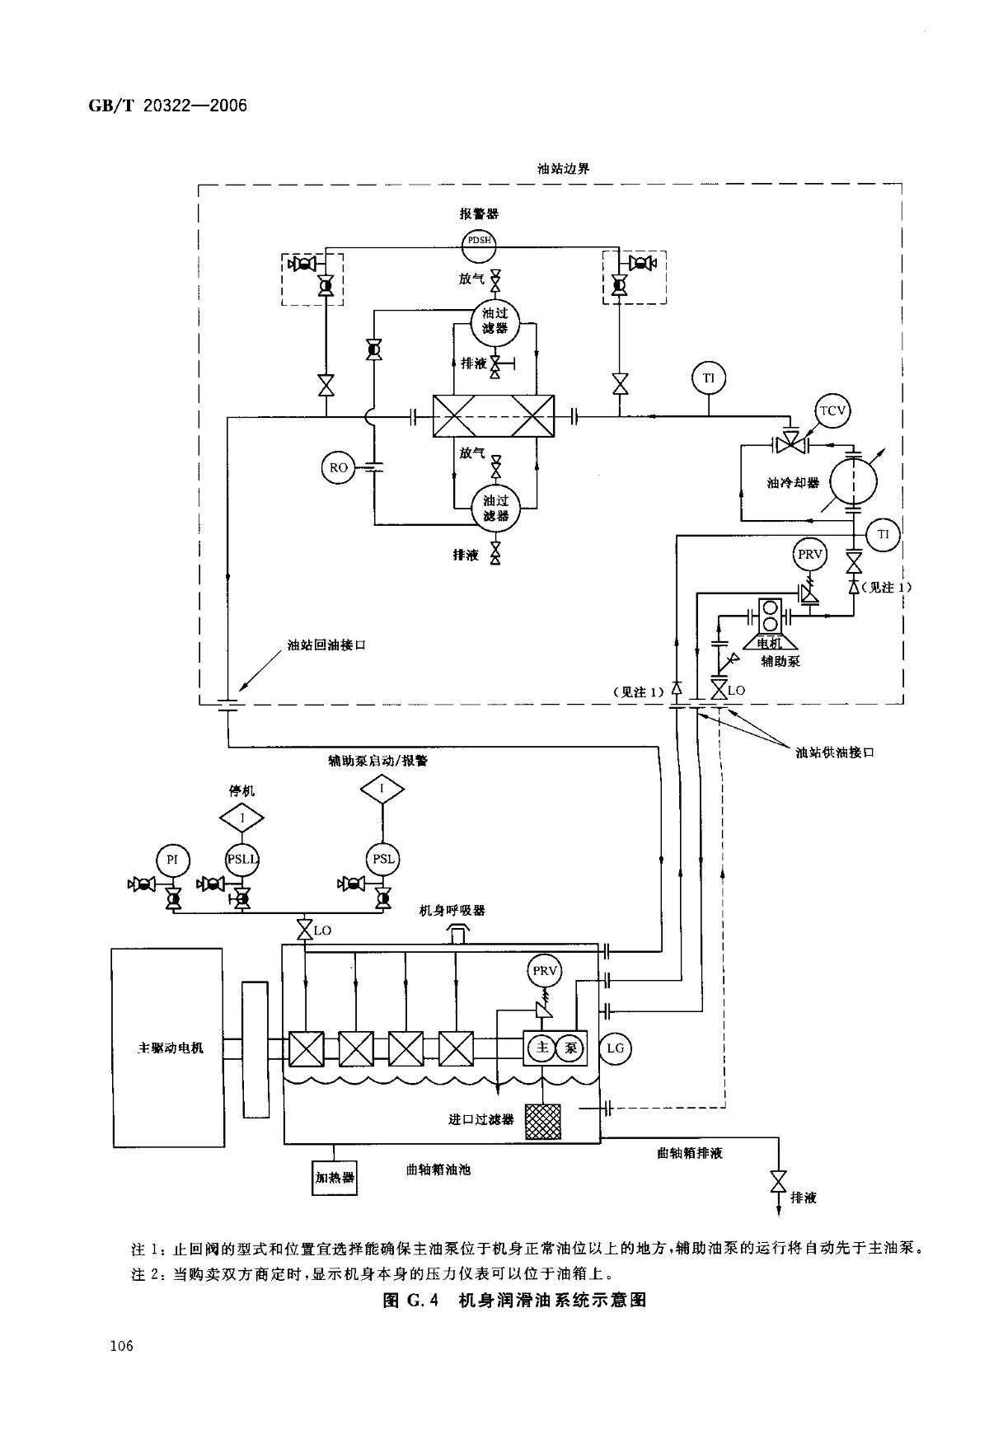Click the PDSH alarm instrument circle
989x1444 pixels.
pos(479,241)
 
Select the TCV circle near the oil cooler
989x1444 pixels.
pos(832,411)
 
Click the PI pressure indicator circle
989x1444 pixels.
pos(172,860)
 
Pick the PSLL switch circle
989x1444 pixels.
pos(242,860)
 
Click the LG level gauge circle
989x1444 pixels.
pos(615,1048)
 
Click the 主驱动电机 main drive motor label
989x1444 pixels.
pos(169,1048)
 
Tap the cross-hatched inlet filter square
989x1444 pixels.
pos(543,1123)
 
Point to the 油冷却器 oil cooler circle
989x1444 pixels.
pos(854,483)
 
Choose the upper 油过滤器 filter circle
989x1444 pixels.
pos(495,321)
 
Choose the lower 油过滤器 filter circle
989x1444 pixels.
pos(495,509)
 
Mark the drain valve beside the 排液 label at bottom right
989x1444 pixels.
pos(776,1181)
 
